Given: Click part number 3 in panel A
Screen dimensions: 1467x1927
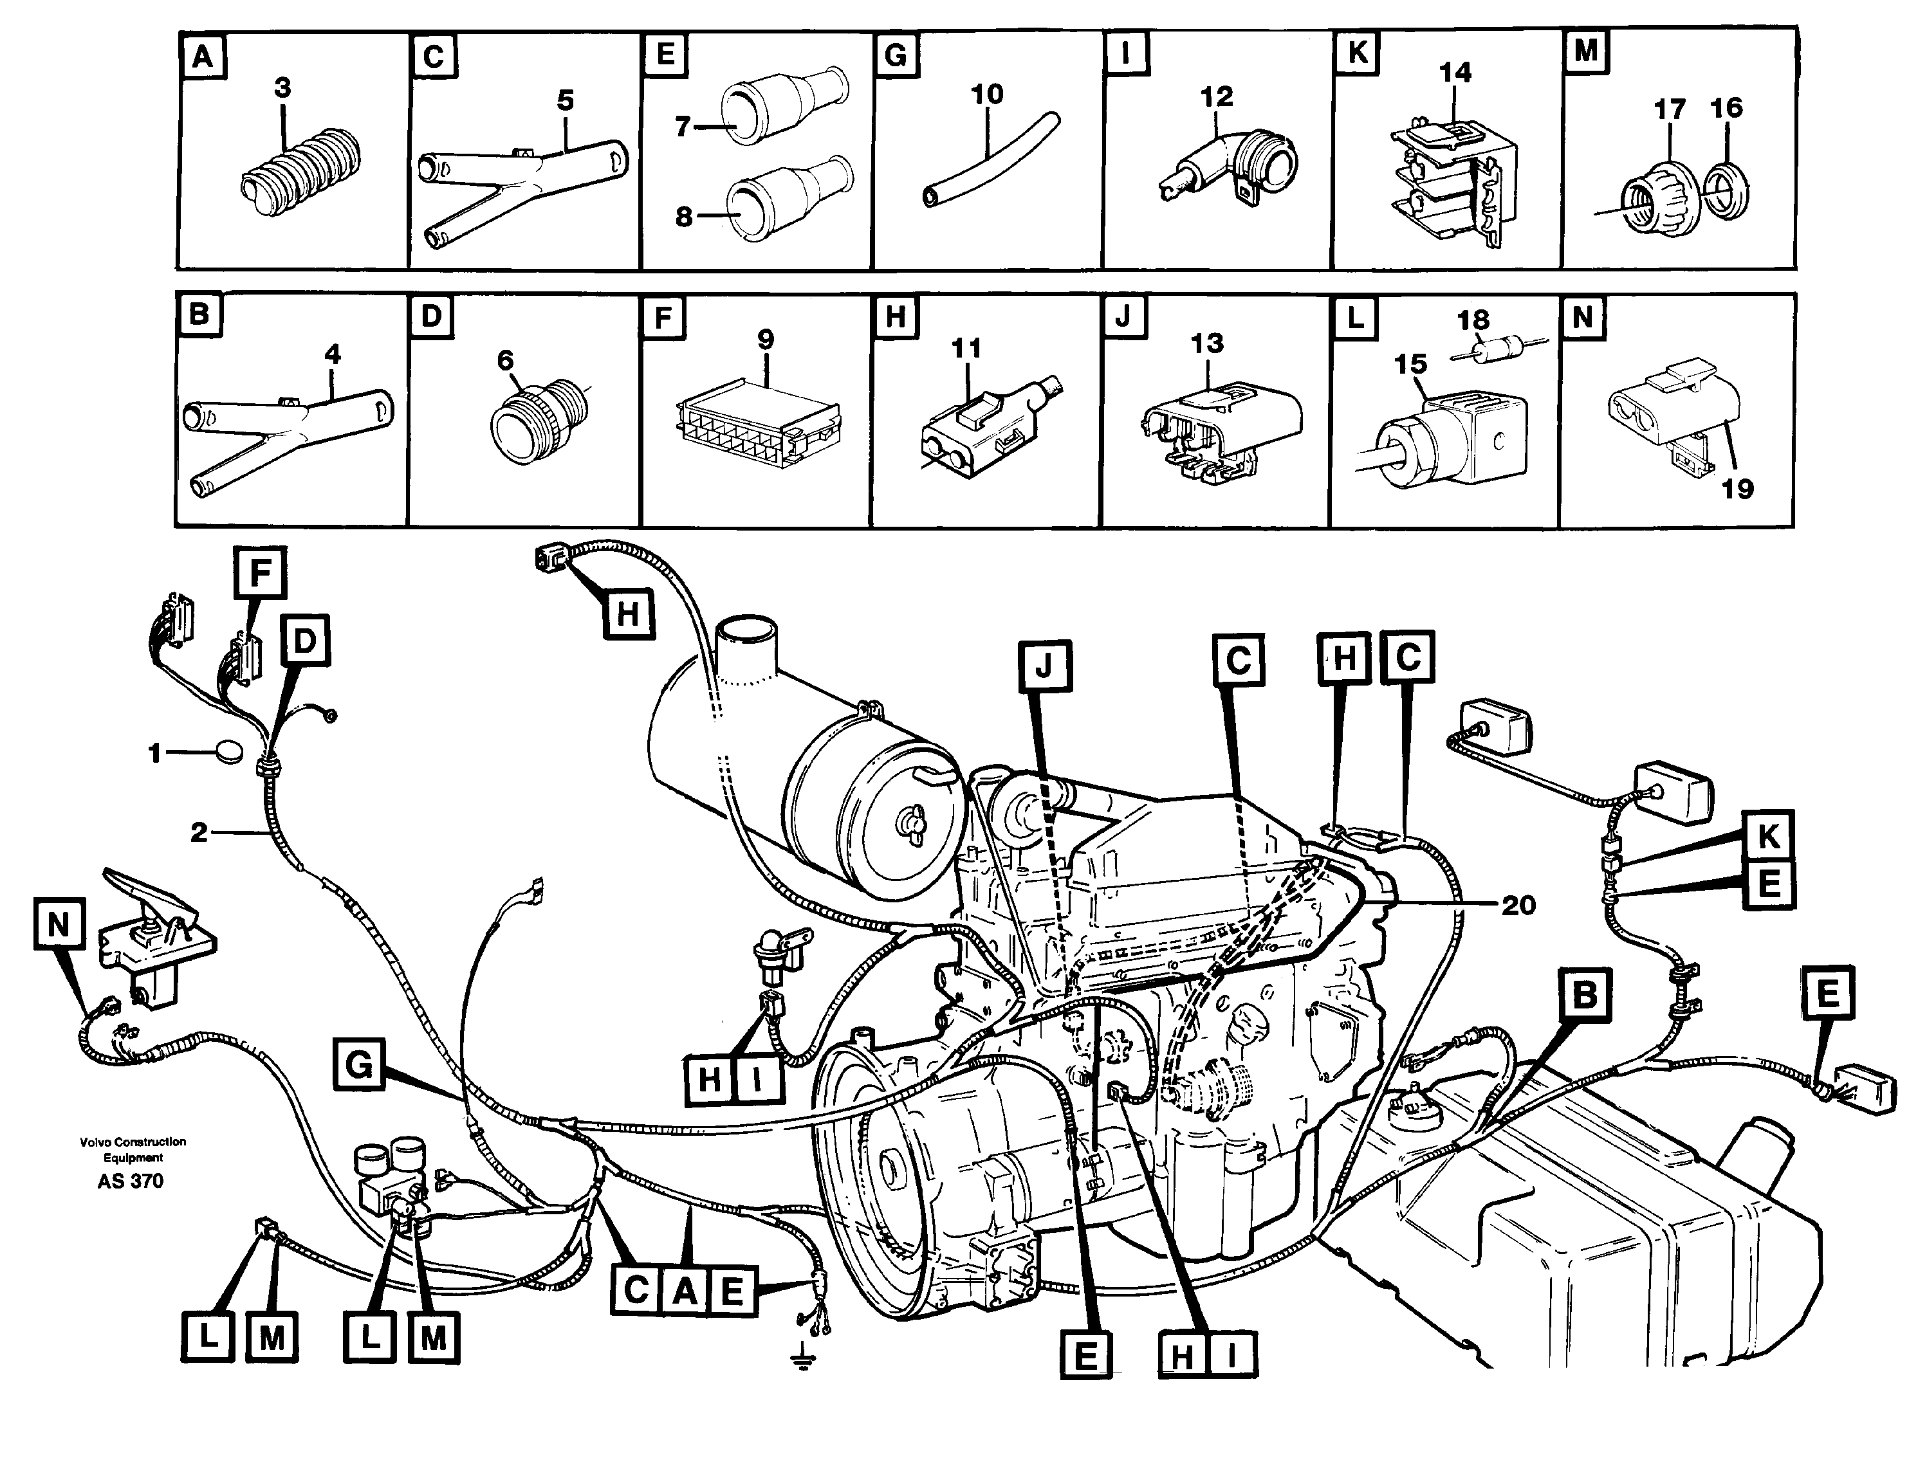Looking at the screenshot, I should [x=282, y=88].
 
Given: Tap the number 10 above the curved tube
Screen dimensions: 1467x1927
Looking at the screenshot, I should [x=987, y=95].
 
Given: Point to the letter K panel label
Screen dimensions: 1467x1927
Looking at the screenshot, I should [x=1356, y=54].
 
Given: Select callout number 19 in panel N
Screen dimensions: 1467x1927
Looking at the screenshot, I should [x=1737, y=489].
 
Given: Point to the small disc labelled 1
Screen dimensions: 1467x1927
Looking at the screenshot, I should [x=230, y=752].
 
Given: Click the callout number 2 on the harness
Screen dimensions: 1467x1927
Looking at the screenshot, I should [x=199, y=833].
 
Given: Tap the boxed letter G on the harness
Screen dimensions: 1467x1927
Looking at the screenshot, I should [x=359, y=1065].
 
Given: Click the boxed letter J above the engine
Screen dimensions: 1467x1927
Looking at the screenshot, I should [x=1044, y=668].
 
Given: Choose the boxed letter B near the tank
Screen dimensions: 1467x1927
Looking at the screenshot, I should [x=1583, y=996].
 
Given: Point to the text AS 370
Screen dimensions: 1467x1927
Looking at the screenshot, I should [x=130, y=1181].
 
